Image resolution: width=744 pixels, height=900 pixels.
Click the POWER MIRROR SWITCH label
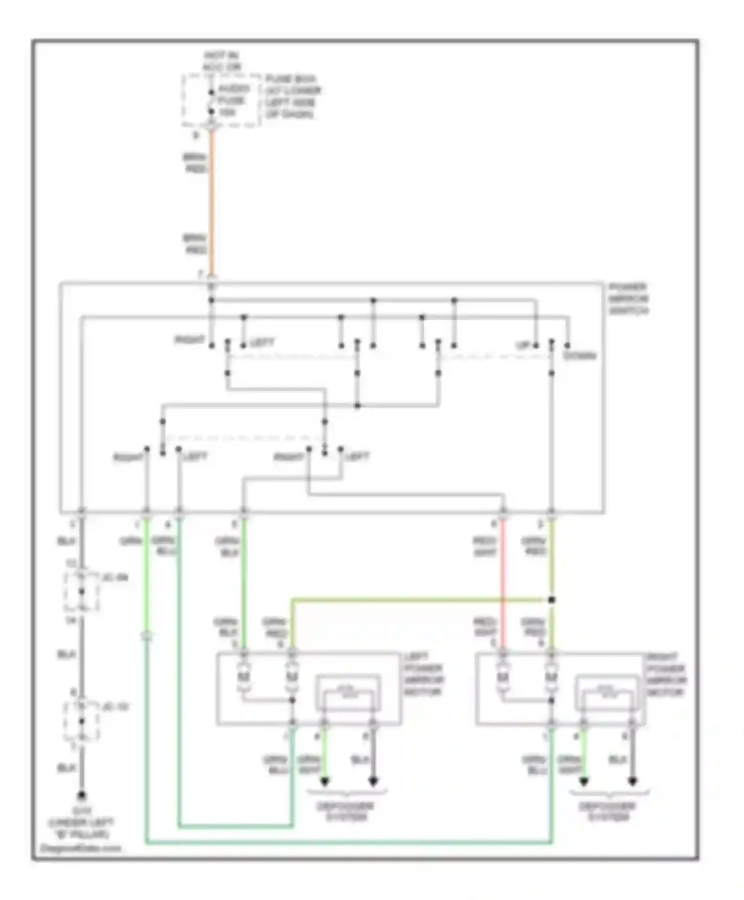click(x=628, y=299)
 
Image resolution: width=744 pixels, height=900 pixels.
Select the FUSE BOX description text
click(x=293, y=97)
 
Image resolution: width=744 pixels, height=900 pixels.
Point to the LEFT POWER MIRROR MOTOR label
click(x=423, y=674)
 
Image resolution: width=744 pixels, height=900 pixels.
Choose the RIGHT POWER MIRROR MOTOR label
click(x=666, y=674)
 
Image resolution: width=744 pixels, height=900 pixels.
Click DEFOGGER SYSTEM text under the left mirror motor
click(x=346, y=811)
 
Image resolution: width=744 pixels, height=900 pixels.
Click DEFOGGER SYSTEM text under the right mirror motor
click(x=608, y=811)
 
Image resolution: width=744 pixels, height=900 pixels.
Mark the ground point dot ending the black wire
click(x=82, y=795)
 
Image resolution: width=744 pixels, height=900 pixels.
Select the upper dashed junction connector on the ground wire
click(x=81, y=591)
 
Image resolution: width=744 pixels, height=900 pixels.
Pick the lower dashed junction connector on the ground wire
click(x=81, y=721)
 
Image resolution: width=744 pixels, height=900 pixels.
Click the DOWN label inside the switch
click(x=579, y=356)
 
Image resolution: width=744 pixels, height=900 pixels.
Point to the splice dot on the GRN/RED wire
click(x=552, y=600)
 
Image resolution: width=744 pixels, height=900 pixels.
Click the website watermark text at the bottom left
click(x=80, y=848)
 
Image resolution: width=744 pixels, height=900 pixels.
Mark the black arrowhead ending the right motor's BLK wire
click(x=632, y=782)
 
